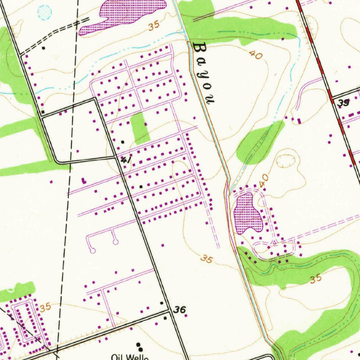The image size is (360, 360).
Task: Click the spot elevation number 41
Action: coord(126,160)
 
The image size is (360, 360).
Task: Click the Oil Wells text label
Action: coord(130,357)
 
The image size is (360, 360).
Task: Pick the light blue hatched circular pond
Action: coord(45,12)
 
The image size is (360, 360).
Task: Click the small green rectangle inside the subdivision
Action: coord(140,128)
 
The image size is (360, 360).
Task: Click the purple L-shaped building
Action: coord(83,181)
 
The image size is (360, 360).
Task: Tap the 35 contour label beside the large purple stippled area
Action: coord(154,26)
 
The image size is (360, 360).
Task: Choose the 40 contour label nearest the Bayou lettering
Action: coord(256,55)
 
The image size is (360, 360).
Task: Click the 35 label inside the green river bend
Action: coord(315,279)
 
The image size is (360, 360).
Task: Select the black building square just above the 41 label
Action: coord(122,142)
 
